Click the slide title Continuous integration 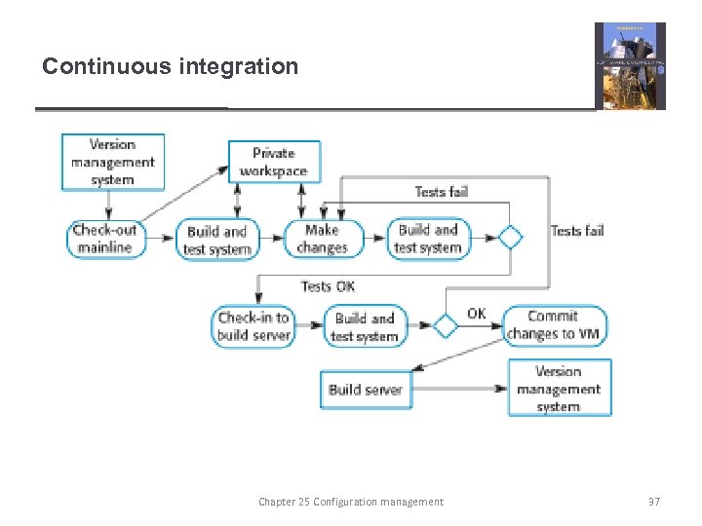(x=170, y=67)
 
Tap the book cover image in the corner (x=630, y=66)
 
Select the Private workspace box (x=273, y=162)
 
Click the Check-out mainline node (x=106, y=240)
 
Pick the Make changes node (x=322, y=240)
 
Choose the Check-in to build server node (x=253, y=326)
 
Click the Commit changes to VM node (x=555, y=325)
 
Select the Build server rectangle (x=365, y=390)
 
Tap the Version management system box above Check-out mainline (x=113, y=162)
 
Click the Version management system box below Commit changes (x=559, y=388)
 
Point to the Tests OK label (x=328, y=286)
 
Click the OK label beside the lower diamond (x=477, y=314)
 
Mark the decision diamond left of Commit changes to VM (x=445, y=326)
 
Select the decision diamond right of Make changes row (x=510, y=238)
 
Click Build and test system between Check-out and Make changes (x=217, y=240)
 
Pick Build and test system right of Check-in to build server (x=365, y=326)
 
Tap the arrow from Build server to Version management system (x=458, y=389)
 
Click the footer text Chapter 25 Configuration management (x=350, y=502)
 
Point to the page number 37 (x=653, y=502)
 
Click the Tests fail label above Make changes (x=441, y=192)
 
